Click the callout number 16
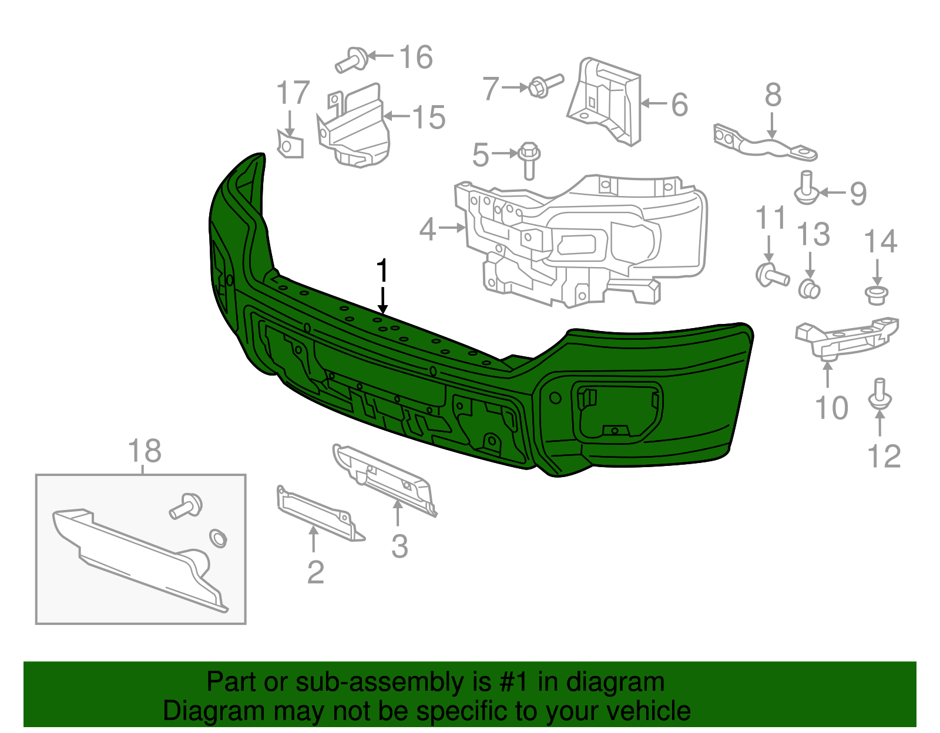pos(416,58)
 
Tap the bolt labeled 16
pos(352,60)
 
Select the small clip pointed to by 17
pos(290,145)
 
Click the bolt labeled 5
pos(528,160)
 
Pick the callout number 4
pos(428,229)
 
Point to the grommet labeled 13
pos(809,289)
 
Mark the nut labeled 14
pos(877,294)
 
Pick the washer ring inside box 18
pos(219,538)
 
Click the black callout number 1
pos(382,271)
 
